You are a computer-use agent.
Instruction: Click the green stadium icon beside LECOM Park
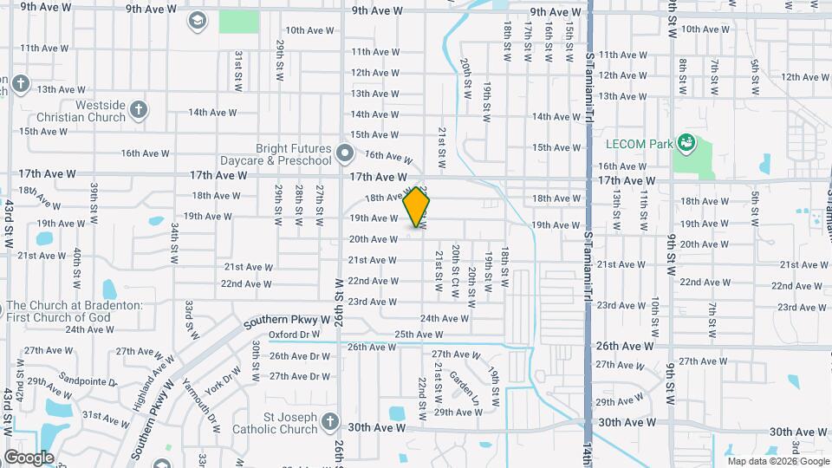[x=687, y=141]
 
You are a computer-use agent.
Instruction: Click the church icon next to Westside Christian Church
[x=139, y=110]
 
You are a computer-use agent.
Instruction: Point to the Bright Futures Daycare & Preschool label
[x=282, y=155]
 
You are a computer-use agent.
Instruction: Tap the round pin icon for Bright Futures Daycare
[x=346, y=155]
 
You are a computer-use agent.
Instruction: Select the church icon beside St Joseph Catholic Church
[x=328, y=423]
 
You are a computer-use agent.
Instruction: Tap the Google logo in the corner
[x=29, y=457]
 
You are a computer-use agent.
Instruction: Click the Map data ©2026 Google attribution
[x=777, y=460]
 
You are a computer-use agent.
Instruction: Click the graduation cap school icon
[x=198, y=20]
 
